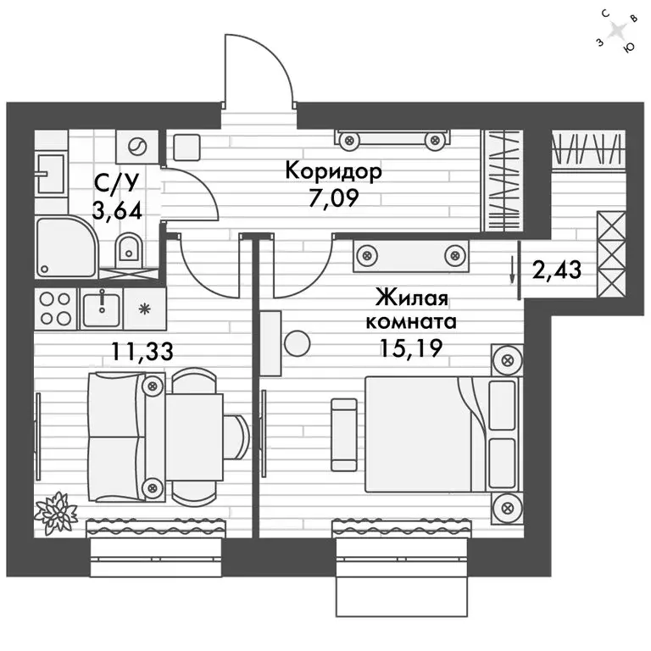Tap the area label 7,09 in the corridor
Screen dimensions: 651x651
(x=332, y=199)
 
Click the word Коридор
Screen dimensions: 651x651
(x=333, y=170)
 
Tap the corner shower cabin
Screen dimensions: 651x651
(x=65, y=245)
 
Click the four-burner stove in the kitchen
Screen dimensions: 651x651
(x=55, y=309)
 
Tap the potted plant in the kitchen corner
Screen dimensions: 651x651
(x=56, y=511)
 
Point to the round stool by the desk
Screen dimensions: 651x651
(x=297, y=343)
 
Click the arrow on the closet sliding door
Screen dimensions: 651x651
(x=512, y=272)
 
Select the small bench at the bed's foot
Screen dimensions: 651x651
(x=343, y=433)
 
